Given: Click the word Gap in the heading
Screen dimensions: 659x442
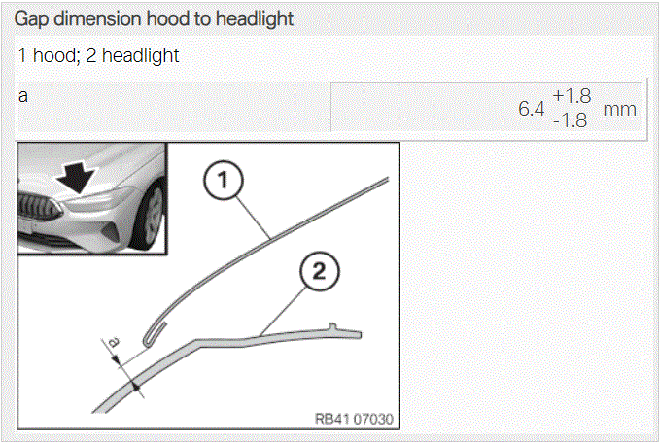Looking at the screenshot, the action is pos(32,19).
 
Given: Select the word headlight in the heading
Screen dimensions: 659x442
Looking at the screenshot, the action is pos(255,19).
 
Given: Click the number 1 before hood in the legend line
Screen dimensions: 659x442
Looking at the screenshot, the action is pos(22,55).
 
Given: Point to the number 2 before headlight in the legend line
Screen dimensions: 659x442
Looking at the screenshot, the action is pos(90,55).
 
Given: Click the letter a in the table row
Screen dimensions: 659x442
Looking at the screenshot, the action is pos(23,96).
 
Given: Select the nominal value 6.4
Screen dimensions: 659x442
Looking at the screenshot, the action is pos(532,109).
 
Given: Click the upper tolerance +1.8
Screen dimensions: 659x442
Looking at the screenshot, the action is pos(572,96).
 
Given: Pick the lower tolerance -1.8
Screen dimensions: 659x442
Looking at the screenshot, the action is pos(571,120).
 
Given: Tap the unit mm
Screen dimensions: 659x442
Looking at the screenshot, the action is pos(619,110).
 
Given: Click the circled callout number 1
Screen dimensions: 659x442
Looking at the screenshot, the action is pos(223,181).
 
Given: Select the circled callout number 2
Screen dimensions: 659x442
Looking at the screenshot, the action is pos(320,271).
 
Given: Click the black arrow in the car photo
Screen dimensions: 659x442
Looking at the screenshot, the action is pos(77,178).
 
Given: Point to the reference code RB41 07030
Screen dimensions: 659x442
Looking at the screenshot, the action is pos(354,419).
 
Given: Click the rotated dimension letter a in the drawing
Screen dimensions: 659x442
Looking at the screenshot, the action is pos(113,342).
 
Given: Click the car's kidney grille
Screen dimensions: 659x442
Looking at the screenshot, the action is pos(39,208).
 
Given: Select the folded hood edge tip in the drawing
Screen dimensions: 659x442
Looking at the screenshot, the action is pos(147,343).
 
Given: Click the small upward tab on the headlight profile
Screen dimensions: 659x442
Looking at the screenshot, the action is pos(332,326).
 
